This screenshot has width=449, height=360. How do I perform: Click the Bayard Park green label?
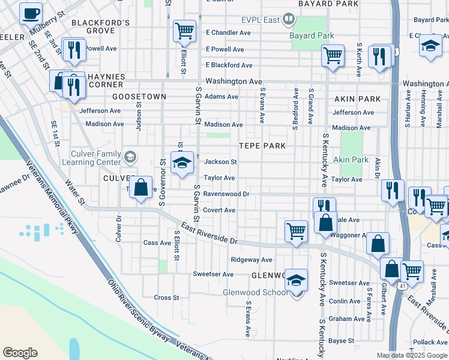tap(312, 36)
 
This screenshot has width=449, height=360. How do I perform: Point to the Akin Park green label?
tap(351, 160)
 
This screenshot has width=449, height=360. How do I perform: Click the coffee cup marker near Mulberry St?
tap(31, 12)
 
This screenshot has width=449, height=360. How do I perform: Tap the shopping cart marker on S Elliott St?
tap(184, 30)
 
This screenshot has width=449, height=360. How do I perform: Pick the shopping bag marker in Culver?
tap(140, 188)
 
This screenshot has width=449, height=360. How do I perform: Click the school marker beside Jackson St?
tap(182, 163)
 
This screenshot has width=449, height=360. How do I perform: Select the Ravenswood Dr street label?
tap(226, 194)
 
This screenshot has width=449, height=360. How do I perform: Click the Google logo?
tap(20, 353)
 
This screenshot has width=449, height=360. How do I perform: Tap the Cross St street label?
tap(166, 298)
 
